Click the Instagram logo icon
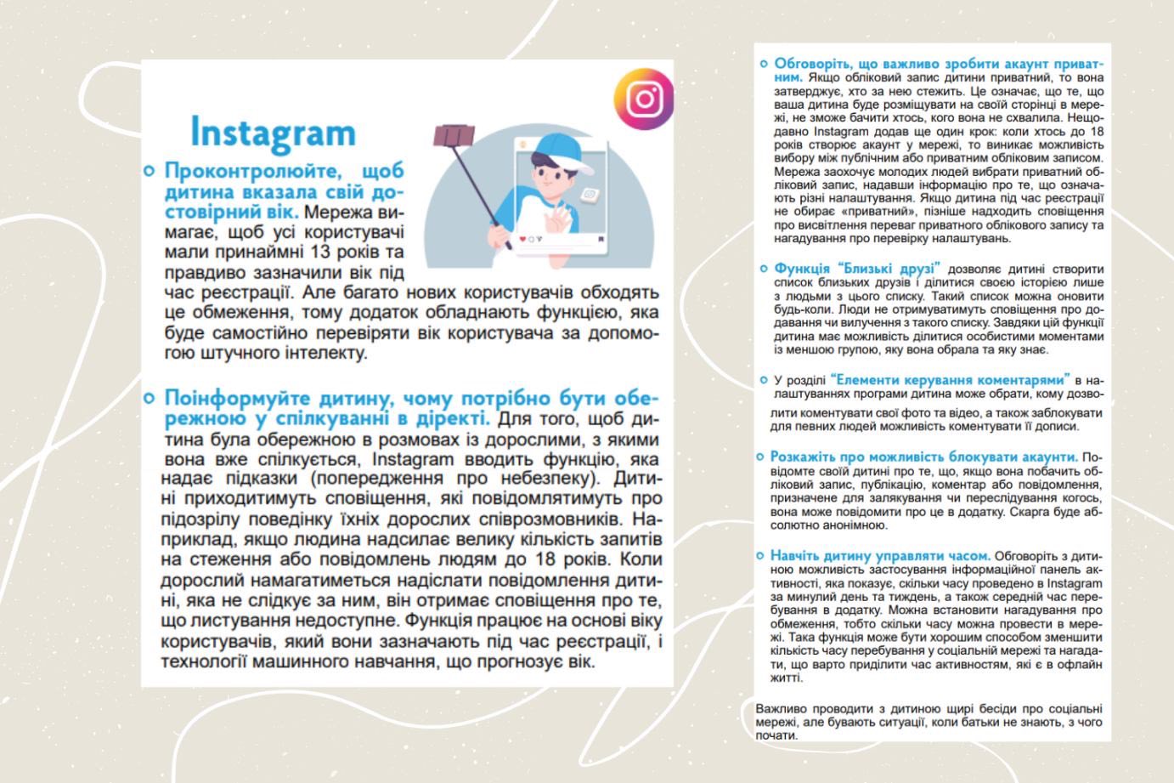(644, 99)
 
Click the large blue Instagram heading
(273, 133)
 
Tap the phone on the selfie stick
(453, 135)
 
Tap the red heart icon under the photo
(522, 239)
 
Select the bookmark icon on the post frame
(601, 238)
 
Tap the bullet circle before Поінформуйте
(150, 398)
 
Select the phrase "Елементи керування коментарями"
(950, 379)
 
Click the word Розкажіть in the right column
(804, 457)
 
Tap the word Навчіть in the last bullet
(797, 556)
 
